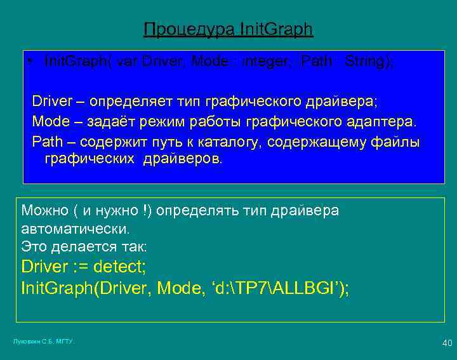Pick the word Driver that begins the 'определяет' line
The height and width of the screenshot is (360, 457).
click(53, 102)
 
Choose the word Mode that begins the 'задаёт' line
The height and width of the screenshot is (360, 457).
click(51, 121)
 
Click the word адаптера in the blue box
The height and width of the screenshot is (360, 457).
click(384, 121)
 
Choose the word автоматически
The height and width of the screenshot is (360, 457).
click(75, 228)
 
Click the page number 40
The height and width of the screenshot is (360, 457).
click(447, 343)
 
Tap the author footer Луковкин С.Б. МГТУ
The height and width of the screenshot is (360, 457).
click(44, 342)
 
